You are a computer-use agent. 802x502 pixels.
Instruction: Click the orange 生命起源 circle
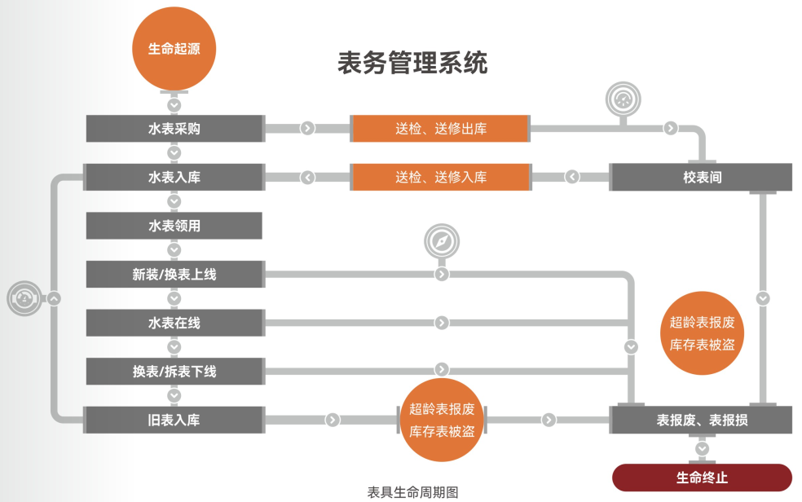(174, 49)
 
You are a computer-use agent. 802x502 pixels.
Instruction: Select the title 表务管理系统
(412, 63)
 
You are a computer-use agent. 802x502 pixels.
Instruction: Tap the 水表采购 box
(174, 128)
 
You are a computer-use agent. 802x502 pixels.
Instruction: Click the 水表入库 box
(174, 177)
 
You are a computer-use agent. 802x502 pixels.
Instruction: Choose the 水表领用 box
(174, 226)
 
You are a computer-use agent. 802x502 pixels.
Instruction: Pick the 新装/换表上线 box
(174, 275)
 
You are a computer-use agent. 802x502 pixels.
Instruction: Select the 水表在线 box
(174, 323)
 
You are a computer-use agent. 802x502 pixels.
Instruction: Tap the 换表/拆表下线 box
(174, 372)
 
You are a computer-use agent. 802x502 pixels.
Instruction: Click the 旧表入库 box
(174, 421)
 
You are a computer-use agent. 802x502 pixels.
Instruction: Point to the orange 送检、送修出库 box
(440, 128)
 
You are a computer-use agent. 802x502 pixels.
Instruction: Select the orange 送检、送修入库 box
(440, 177)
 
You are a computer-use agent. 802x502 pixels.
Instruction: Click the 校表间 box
(701, 177)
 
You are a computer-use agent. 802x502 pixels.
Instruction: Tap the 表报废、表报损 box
(701, 421)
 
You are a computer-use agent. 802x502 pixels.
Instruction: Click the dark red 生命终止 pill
(701, 478)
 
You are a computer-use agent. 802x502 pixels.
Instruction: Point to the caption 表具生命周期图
(412, 492)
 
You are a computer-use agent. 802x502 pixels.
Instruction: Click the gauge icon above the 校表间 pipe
(624, 99)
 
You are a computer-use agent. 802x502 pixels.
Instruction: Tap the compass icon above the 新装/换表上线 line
(441, 242)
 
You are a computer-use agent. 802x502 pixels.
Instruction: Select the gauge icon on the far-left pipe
(24, 298)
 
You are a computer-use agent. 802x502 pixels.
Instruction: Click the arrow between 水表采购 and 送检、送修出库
(307, 128)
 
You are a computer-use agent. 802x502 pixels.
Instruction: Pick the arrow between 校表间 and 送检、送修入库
(572, 177)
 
